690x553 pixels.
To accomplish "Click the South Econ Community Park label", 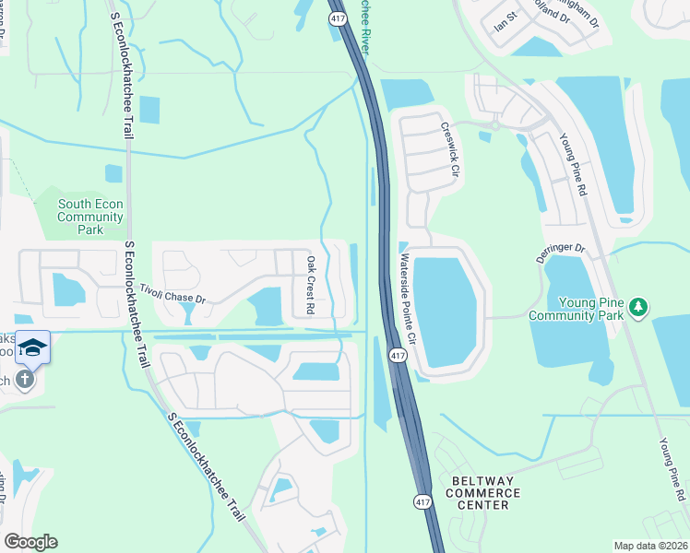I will pyautogui.click(x=90, y=217).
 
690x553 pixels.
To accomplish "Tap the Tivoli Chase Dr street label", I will pyautogui.click(x=171, y=293).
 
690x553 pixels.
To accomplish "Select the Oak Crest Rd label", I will pyautogui.click(x=311, y=283).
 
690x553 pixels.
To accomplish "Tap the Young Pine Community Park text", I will pyautogui.click(x=576, y=309).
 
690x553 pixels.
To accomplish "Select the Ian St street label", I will pyautogui.click(x=506, y=22).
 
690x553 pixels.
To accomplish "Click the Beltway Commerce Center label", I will pyautogui.click(x=481, y=493).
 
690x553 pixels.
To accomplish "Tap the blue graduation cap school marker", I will pyautogui.click(x=32, y=347).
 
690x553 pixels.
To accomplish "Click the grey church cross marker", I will pyautogui.click(x=25, y=378).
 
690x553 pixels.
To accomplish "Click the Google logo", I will pyautogui.click(x=30, y=542).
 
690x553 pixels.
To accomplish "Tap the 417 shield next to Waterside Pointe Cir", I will pyautogui.click(x=397, y=355).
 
